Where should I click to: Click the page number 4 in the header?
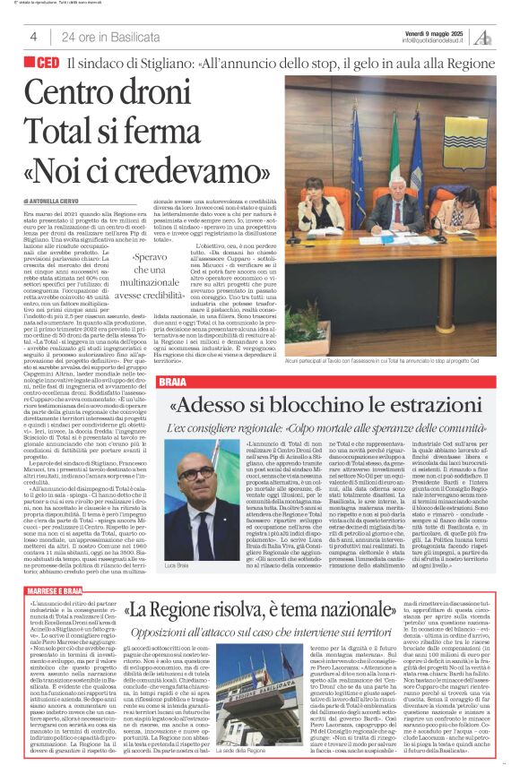coord(32,37)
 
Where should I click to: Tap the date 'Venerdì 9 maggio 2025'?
coord(435,32)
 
